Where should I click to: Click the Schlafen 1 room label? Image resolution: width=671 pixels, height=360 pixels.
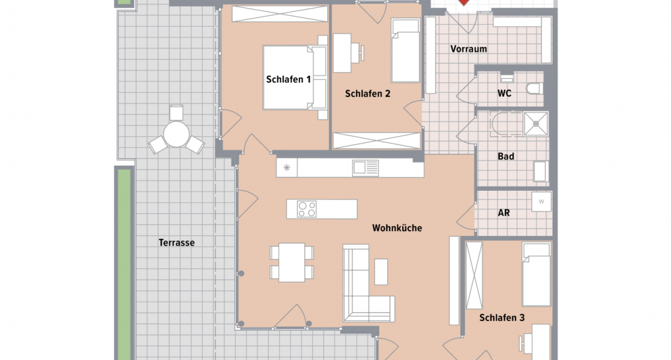[x=289, y=79]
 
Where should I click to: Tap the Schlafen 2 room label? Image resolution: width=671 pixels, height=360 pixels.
[x=368, y=94]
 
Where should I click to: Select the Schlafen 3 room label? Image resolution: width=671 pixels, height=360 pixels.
[x=502, y=318]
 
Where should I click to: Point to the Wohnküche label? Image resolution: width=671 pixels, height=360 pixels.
[x=397, y=228]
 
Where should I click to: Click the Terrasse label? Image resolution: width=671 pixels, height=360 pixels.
[x=176, y=243]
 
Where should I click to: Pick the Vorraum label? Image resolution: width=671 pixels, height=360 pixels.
[x=468, y=49]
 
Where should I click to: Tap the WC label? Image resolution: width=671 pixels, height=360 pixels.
[x=505, y=94]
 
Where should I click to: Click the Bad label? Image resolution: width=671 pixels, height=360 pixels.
[x=506, y=157]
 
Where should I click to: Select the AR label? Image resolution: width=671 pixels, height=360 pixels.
[x=504, y=213]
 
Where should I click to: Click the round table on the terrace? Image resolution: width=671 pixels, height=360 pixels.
[x=176, y=134]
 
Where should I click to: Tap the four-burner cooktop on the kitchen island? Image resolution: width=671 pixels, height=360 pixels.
[x=307, y=209]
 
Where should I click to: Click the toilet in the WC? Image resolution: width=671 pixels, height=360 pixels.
[x=534, y=89]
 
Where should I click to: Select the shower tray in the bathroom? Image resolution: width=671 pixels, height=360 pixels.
[x=535, y=124]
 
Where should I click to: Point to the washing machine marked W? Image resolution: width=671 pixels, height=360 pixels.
[x=541, y=201]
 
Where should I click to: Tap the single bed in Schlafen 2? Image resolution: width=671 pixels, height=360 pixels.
[x=406, y=50]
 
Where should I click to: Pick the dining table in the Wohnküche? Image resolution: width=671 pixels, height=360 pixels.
[x=292, y=263]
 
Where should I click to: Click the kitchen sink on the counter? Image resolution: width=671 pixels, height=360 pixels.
[x=366, y=167]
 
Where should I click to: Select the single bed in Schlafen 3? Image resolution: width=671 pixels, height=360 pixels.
[x=536, y=274]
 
